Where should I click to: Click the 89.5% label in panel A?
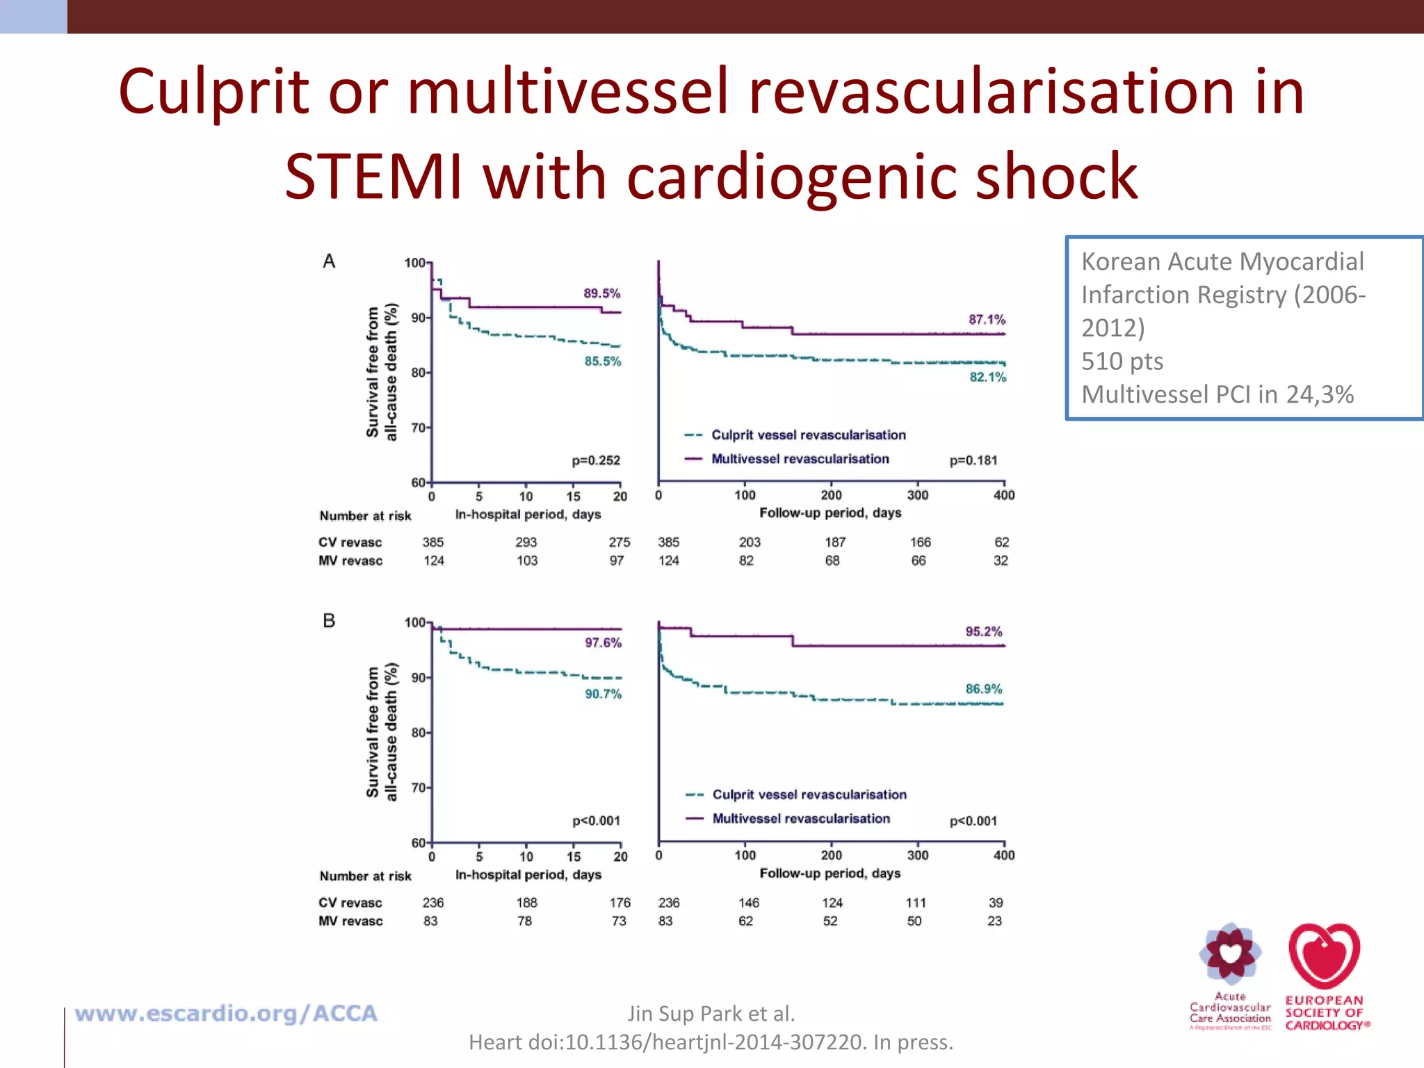pyautogui.click(x=601, y=293)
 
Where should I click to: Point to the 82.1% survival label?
pyautogui.click(x=987, y=377)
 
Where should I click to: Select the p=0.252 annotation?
pyautogui.click(x=596, y=460)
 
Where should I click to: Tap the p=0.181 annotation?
pyautogui.click(x=973, y=460)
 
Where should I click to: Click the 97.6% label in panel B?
pyautogui.click(x=603, y=642)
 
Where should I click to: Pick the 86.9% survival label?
pyautogui.click(x=983, y=689)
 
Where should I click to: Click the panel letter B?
pyautogui.click(x=329, y=621)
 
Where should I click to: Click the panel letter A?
pyautogui.click(x=329, y=261)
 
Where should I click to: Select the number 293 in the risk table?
pyautogui.click(x=526, y=542)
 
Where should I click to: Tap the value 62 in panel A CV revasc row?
pyautogui.click(x=1001, y=542)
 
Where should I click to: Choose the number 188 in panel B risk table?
pyautogui.click(x=526, y=903)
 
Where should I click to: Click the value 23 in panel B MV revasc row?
pyautogui.click(x=994, y=921)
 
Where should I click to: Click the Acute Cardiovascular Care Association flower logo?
pyautogui.click(x=1230, y=955)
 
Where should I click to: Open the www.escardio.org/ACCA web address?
pyautogui.click(x=226, y=1014)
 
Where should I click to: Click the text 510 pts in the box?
pyautogui.click(x=1122, y=362)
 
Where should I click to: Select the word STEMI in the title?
pyautogui.click(x=373, y=177)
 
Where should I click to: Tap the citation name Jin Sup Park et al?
pyautogui.click(x=711, y=1014)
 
